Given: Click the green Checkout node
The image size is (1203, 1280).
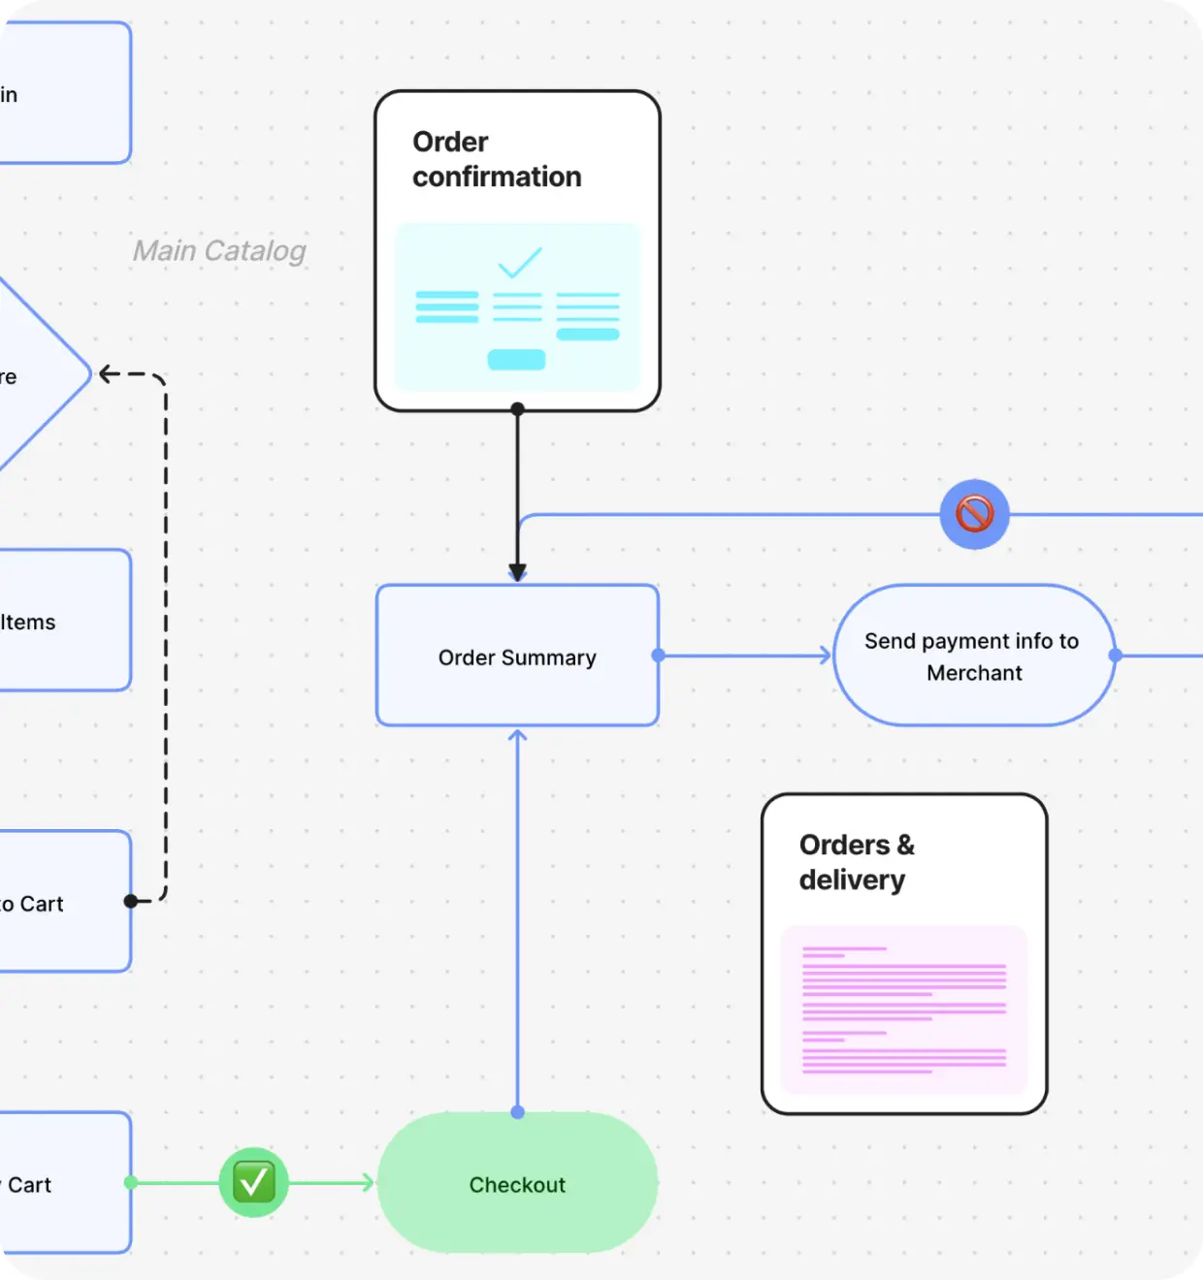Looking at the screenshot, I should click(517, 1183).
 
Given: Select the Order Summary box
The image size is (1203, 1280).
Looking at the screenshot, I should click(517, 656).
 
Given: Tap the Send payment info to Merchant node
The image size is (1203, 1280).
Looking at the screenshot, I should click(973, 656).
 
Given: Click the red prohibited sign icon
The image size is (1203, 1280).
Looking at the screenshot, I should click(974, 514).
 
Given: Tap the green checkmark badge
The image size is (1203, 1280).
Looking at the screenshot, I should click(253, 1182).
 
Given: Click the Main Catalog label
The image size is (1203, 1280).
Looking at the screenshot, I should click(219, 251).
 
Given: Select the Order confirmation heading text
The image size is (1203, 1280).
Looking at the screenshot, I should click(496, 159).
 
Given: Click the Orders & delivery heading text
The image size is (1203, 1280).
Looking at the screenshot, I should click(856, 862).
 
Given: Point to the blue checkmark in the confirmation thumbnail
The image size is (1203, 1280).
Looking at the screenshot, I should click(519, 263).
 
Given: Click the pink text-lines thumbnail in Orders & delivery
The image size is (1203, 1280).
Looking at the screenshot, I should click(904, 1010).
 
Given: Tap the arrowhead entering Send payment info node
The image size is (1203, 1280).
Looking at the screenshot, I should click(826, 656).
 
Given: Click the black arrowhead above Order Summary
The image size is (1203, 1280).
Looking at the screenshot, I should click(518, 572).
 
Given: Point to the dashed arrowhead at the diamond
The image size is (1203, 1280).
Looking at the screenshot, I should click(108, 374).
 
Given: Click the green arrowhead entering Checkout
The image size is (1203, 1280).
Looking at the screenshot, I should click(368, 1182).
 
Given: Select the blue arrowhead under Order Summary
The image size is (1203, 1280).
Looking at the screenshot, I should click(518, 736).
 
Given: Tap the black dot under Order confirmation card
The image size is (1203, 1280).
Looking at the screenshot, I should click(518, 409).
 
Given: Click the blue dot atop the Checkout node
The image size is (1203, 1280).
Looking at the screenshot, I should click(518, 1112).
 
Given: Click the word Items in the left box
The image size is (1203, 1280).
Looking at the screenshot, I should click(28, 623).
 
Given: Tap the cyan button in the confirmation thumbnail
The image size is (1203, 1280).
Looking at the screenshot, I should click(516, 360).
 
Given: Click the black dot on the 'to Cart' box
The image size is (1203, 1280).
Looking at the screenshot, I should click(131, 901).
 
